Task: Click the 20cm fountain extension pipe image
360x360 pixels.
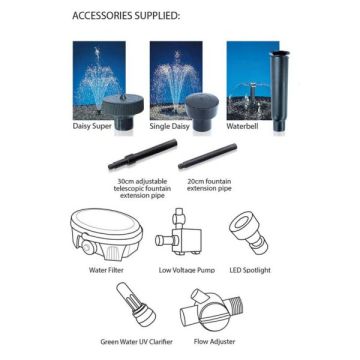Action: [x=208, y=156]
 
